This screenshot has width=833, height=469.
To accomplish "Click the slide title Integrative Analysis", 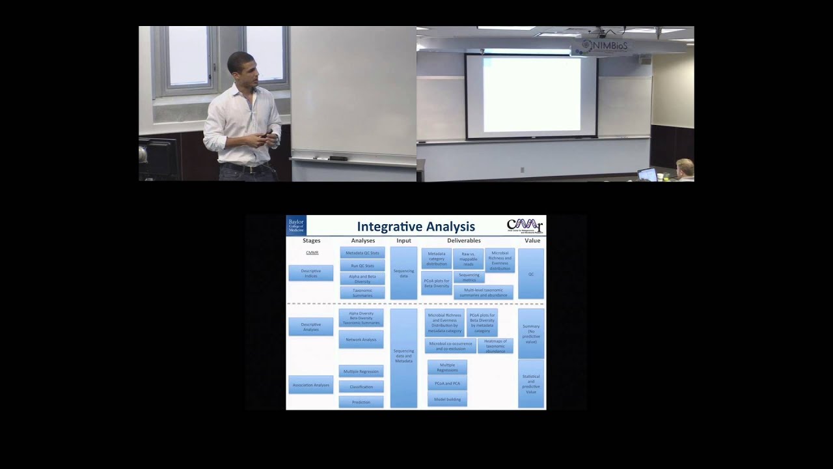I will pyautogui.click(x=416, y=227).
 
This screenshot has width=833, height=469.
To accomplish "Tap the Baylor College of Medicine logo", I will pyautogui.click(x=295, y=225).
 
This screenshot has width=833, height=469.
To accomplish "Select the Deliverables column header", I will pyautogui.click(x=463, y=241).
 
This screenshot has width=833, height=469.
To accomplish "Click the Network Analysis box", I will pyautogui.click(x=361, y=339).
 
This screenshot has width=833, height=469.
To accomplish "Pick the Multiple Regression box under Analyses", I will pyautogui.click(x=361, y=371).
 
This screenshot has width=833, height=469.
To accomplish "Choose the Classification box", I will pyautogui.click(x=361, y=387).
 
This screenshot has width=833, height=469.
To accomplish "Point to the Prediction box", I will pyautogui.click(x=361, y=402).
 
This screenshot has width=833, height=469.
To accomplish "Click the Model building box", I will pyautogui.click(x=447, y=399).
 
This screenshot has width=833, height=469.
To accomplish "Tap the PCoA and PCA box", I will pyautogui.click(x=447, y=384).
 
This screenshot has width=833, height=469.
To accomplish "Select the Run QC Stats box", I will pyautogui.click(x=362, y=266).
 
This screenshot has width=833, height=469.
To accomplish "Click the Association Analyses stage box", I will pyautogui.click(x=311, y=385).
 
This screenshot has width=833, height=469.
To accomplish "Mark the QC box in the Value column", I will pyautogui.click(x=531, y=274).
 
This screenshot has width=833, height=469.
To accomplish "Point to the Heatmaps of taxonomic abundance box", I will pyautogui.click(x=495, y=346).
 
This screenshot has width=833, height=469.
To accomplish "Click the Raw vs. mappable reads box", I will pyautogui.click(x=468, y=259).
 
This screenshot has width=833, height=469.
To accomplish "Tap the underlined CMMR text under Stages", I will pyautogui.click(x=312, y=253).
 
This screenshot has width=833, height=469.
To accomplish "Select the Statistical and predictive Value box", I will pyautogui.click(x=531, y=384).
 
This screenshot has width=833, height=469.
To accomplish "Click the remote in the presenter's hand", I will pyautogui.click(x=267, y=133).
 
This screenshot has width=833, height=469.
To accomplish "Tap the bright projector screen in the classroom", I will pyautogui.click(x=532, y=94).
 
